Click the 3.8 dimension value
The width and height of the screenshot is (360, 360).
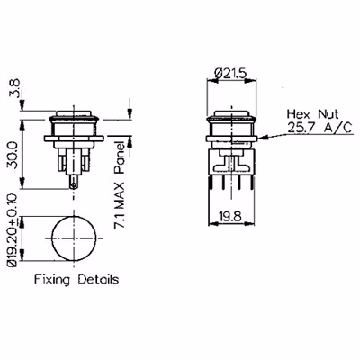coord(15,88)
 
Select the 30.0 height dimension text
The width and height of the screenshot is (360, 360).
coord(13,156)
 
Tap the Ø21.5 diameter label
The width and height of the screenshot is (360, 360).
coord(230,73)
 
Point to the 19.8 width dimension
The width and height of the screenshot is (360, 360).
coord(230,216)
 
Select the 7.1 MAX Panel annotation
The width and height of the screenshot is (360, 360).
coord(120,185)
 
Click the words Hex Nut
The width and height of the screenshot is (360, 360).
coord(312,114)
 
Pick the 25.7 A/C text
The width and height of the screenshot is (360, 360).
coord(319,128)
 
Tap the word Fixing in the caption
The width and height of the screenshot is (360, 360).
coord(52,280)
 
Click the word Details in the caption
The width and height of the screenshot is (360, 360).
coord(98,279)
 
